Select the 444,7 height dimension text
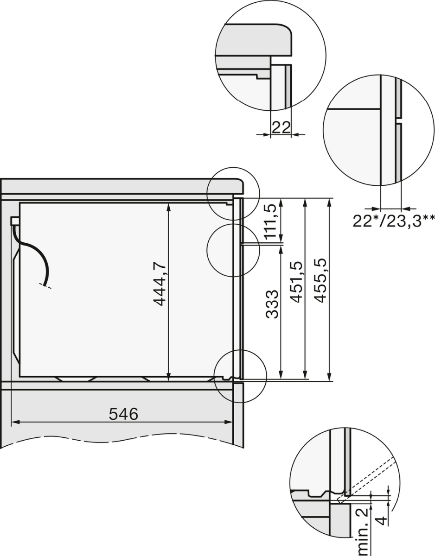coord(160,284)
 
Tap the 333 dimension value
coord(272,304)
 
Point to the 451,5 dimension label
coord(296,282)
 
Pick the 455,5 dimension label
coord(320,281)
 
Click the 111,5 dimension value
coord(271,221)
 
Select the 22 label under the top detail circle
coord(281,127)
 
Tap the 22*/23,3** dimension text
coord(394,221)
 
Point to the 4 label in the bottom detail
coord(382,520)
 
